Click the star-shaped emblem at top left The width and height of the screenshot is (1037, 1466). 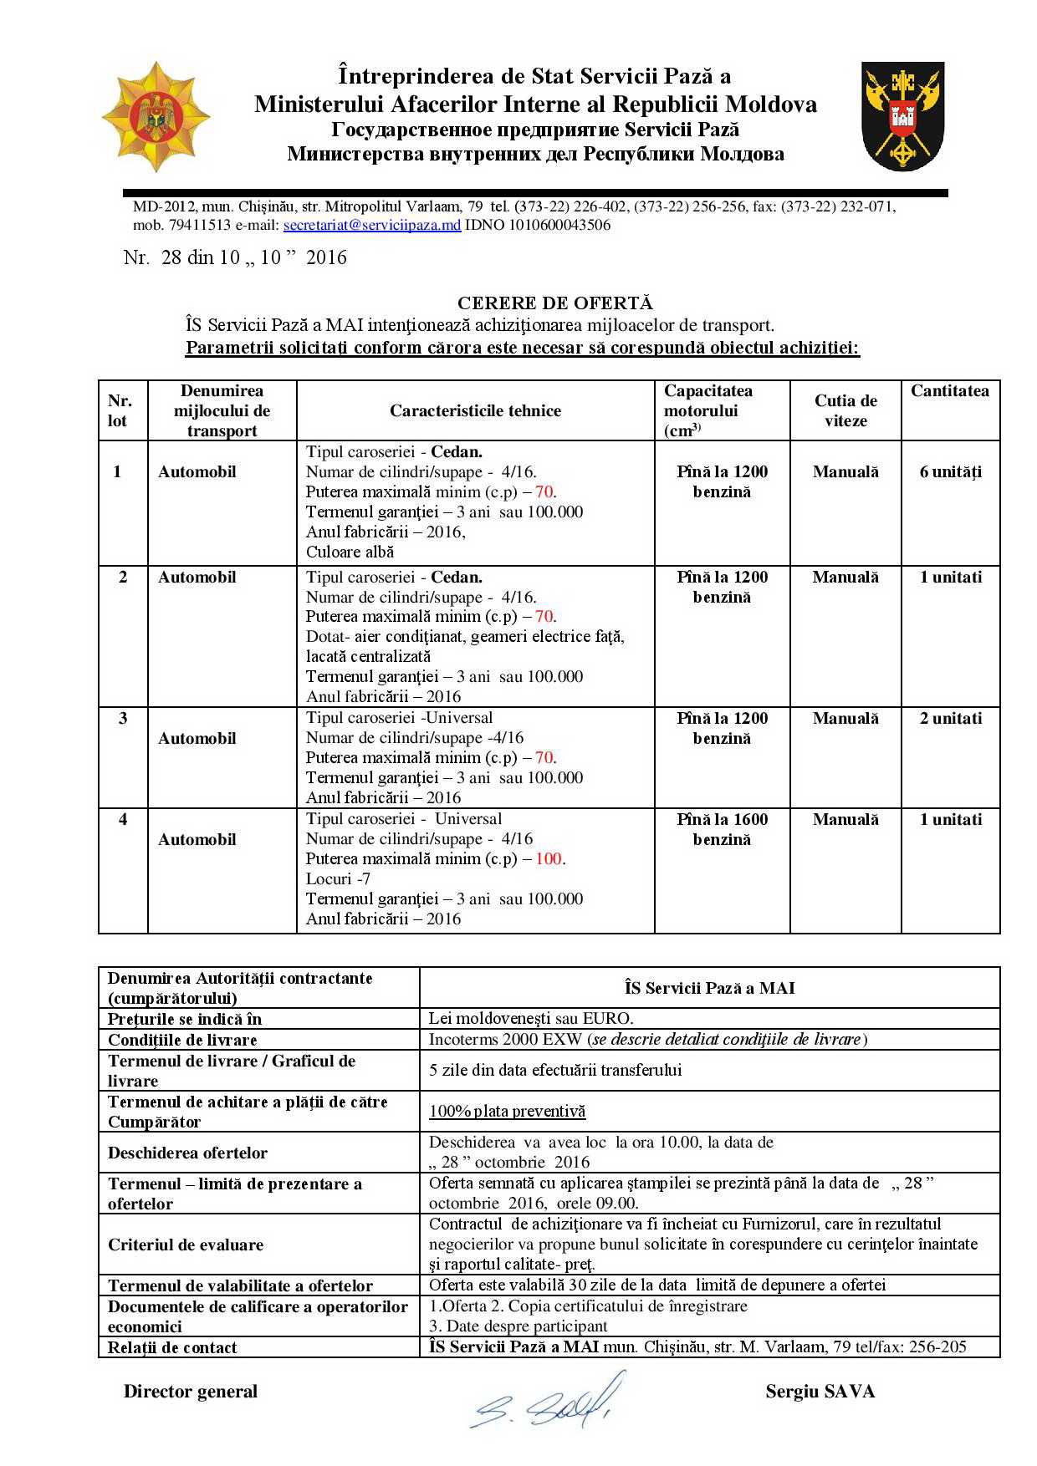(x=155, y=117)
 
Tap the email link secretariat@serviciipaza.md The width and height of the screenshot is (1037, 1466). (x=372, y=225)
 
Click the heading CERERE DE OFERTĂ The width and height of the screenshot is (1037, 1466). (x=555, y=303)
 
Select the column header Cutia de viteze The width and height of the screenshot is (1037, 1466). (x=845, y=410)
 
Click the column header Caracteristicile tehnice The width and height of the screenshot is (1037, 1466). (x=475, y=410)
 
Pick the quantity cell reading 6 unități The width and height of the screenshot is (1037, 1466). (x=951, y=471)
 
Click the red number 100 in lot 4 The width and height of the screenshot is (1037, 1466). (x=549, y=858)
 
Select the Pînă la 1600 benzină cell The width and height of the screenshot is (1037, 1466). (x=722, y=829)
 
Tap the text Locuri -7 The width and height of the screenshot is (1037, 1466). (x=338, y=878)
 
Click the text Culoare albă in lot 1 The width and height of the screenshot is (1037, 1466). (x=350, y=552)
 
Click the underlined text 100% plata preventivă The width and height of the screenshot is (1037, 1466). (x=507, y=1111)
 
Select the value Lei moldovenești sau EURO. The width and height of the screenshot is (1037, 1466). (x=531, y=1018)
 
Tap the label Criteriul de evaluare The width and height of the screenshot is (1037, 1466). (x=186, y=1245)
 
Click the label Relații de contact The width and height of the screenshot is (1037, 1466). (x=172, y=1347)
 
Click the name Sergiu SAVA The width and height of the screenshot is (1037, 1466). (x=820, y=1391)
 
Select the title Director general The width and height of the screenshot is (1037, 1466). (x=191, y=1391)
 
